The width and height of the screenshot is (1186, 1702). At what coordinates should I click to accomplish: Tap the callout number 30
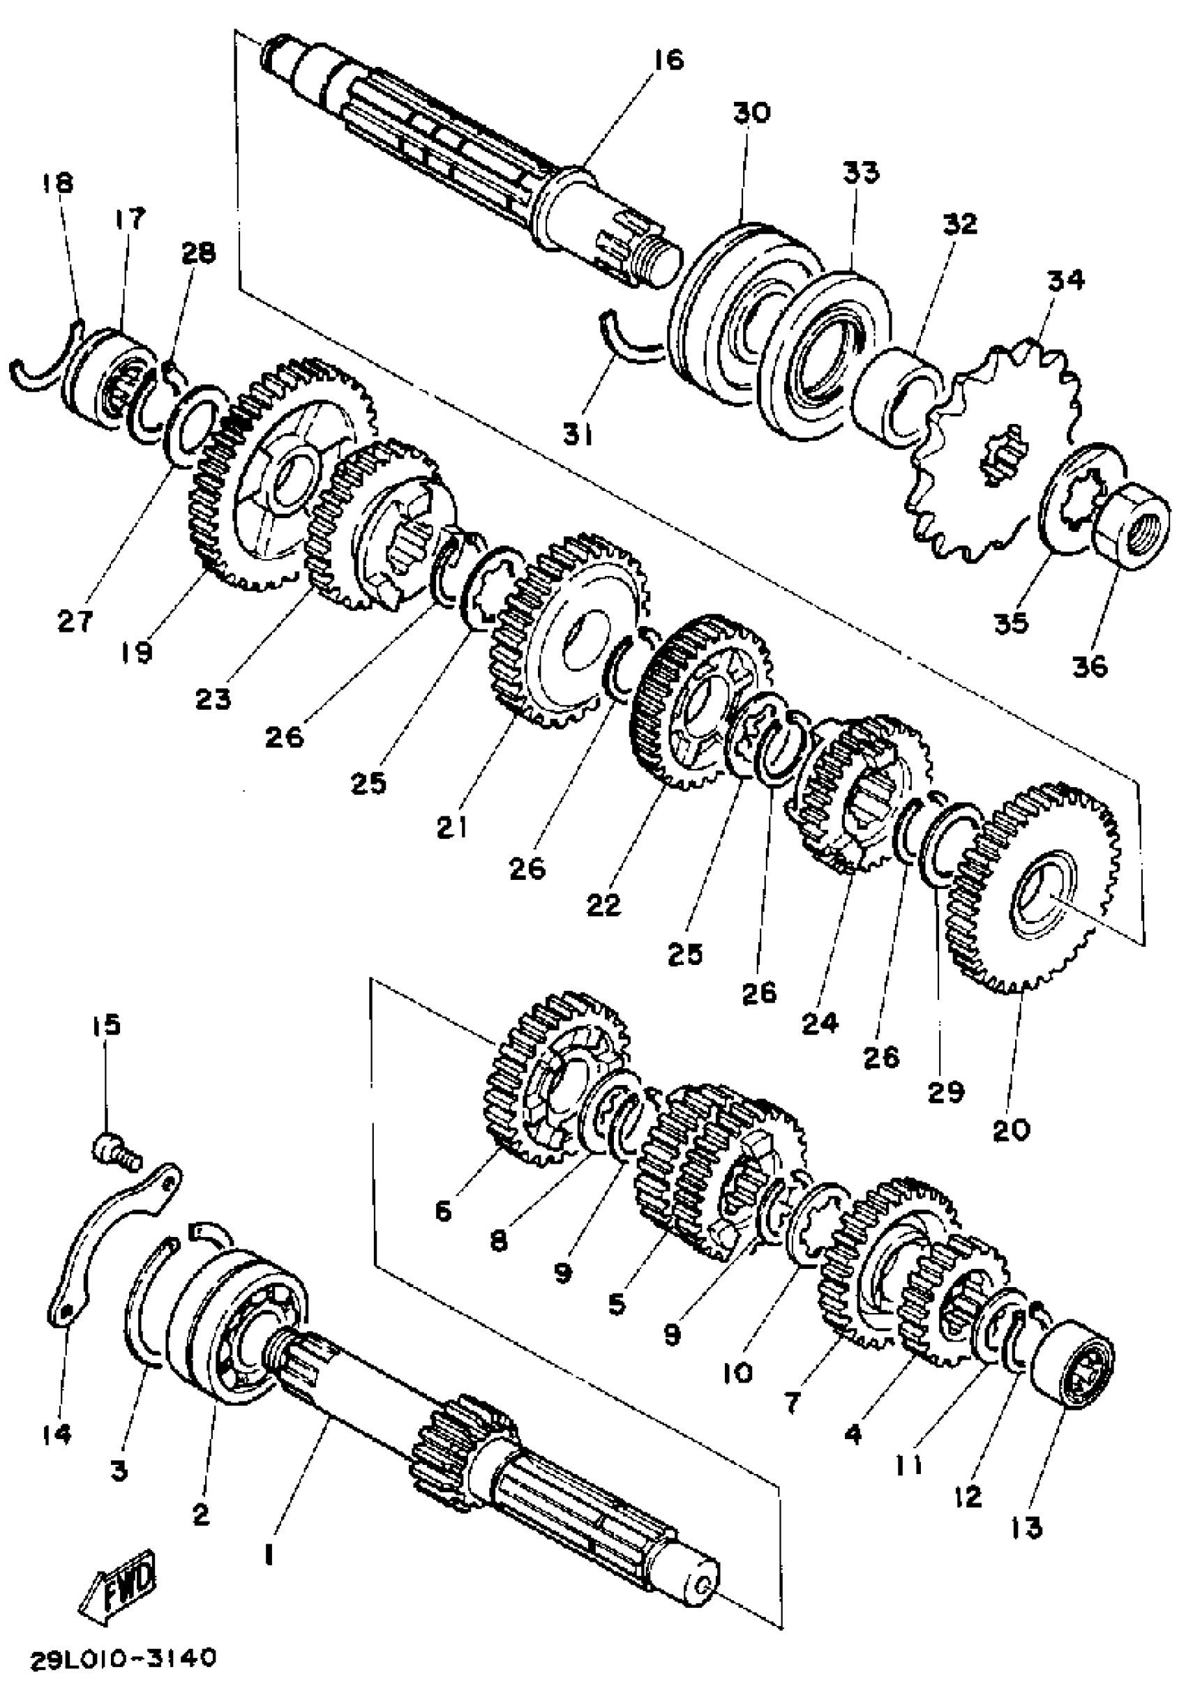click(751, 113)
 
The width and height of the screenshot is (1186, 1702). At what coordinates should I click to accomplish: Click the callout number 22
click(602, 904)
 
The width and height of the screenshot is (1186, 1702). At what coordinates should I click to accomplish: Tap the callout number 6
click(443, 1211)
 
